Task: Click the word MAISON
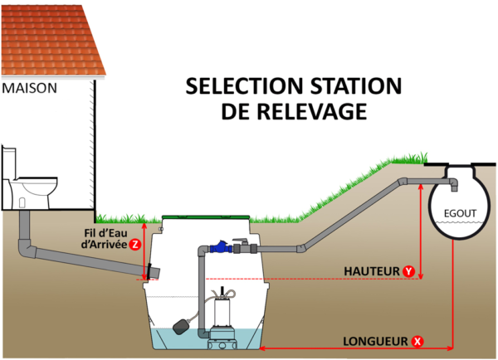tap(30, 88)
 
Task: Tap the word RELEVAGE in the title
tap(311, 111)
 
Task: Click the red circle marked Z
tap(135, 245)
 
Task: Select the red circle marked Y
tap(408, 271)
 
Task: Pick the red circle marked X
tap(417, 341)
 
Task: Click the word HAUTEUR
tap(372, 271)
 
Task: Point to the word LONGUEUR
tap(375, 341)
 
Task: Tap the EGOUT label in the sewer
tap(460, 213)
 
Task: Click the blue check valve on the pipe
tap(219, 246)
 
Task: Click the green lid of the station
tap(206, 217)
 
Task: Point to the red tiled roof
tap(52, 41)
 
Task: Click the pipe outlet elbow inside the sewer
tap(453, 184)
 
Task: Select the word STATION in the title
tap(356, 86)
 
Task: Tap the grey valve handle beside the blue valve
tap(240, 241)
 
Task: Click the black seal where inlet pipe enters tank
tap(149, 271)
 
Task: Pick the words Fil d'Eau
tap(105, 233)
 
